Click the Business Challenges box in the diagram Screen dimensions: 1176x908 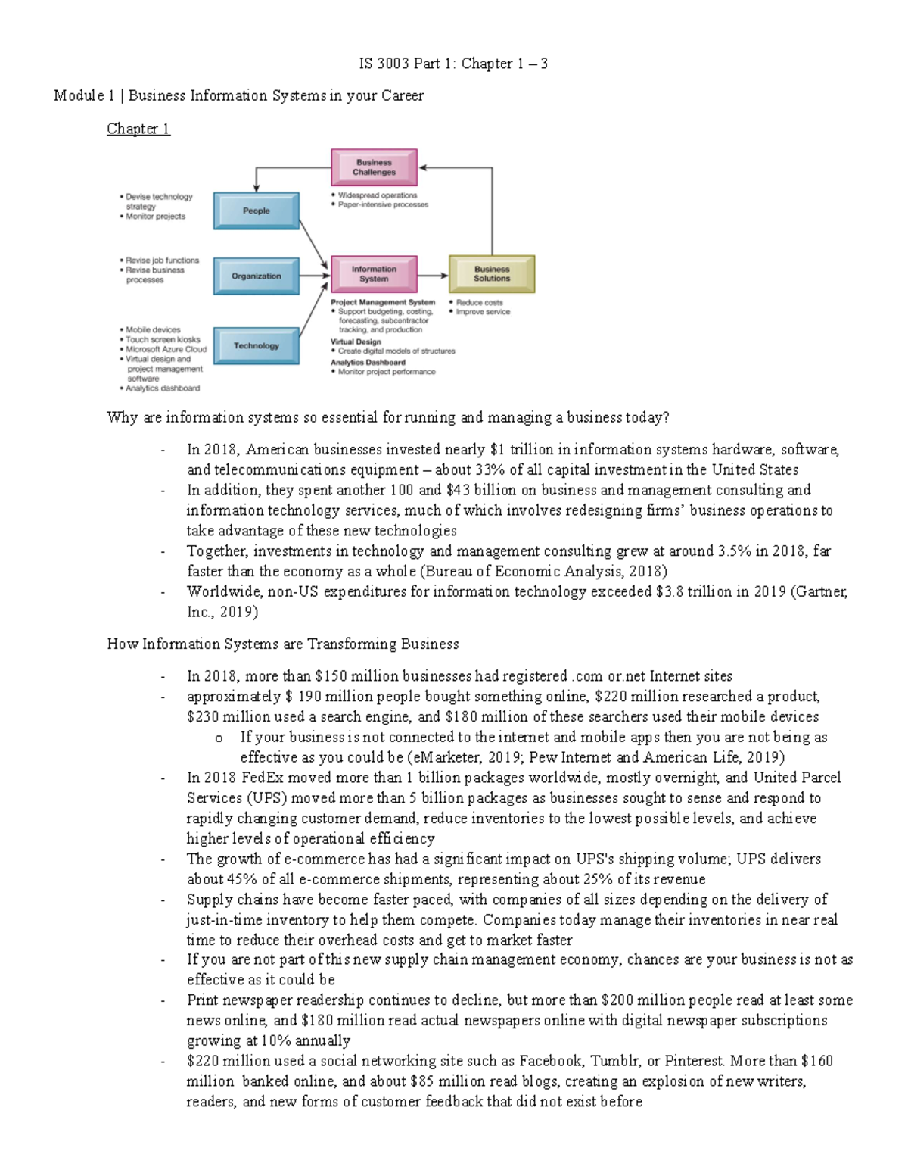pos(374,167)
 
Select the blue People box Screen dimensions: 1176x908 pos(256,211)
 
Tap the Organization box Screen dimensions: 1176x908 pos(256,276)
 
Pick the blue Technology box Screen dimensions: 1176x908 pos(256,346)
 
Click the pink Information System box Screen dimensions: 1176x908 pos(374,274)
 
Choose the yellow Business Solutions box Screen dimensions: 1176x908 pos(492,274)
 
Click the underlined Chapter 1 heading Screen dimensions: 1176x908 pos(138,129)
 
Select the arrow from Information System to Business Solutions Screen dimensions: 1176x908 pos(433,276)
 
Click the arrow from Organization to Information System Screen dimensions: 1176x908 pos(315,276)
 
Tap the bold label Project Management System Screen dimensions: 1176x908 pos(383,302)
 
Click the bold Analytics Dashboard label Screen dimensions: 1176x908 pos(368,362)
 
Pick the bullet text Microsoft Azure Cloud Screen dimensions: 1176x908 pos(166,350)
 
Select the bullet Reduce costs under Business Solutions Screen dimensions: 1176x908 pos(479,302)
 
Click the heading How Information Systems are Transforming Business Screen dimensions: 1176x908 pos(283,644)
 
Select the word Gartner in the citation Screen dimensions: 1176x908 pos(820,591)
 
